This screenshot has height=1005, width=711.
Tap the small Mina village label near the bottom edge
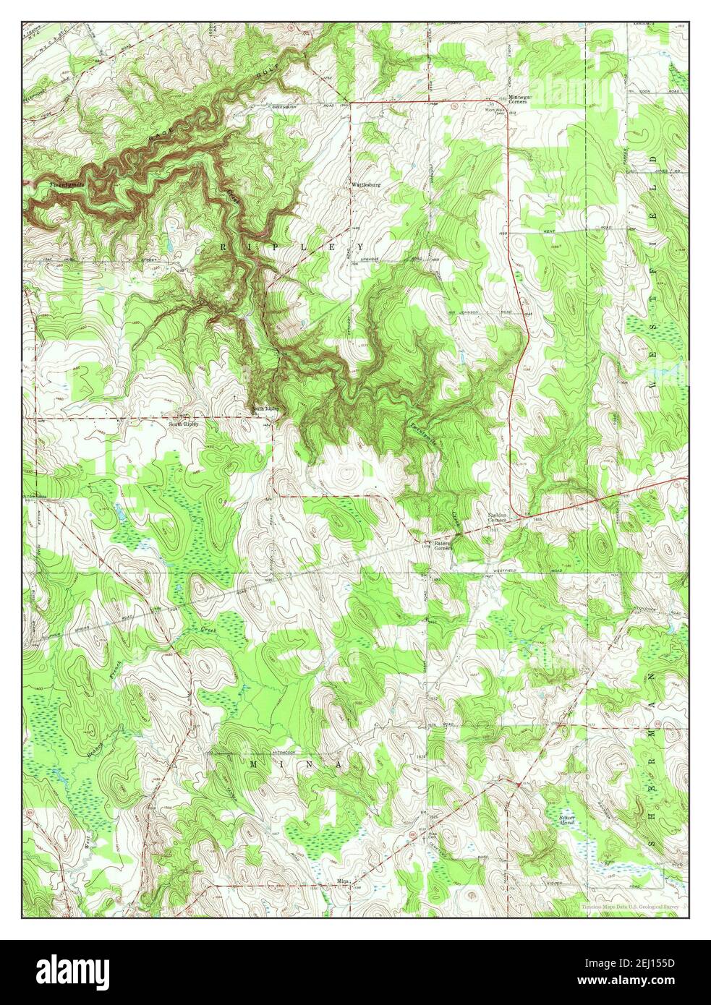point(343,881)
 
